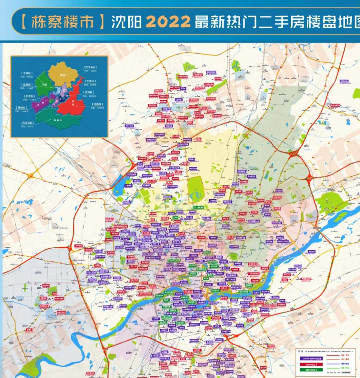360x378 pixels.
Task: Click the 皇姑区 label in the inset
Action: [x=26, y=85]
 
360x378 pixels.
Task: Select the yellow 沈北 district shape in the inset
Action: [x=62, y=74]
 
